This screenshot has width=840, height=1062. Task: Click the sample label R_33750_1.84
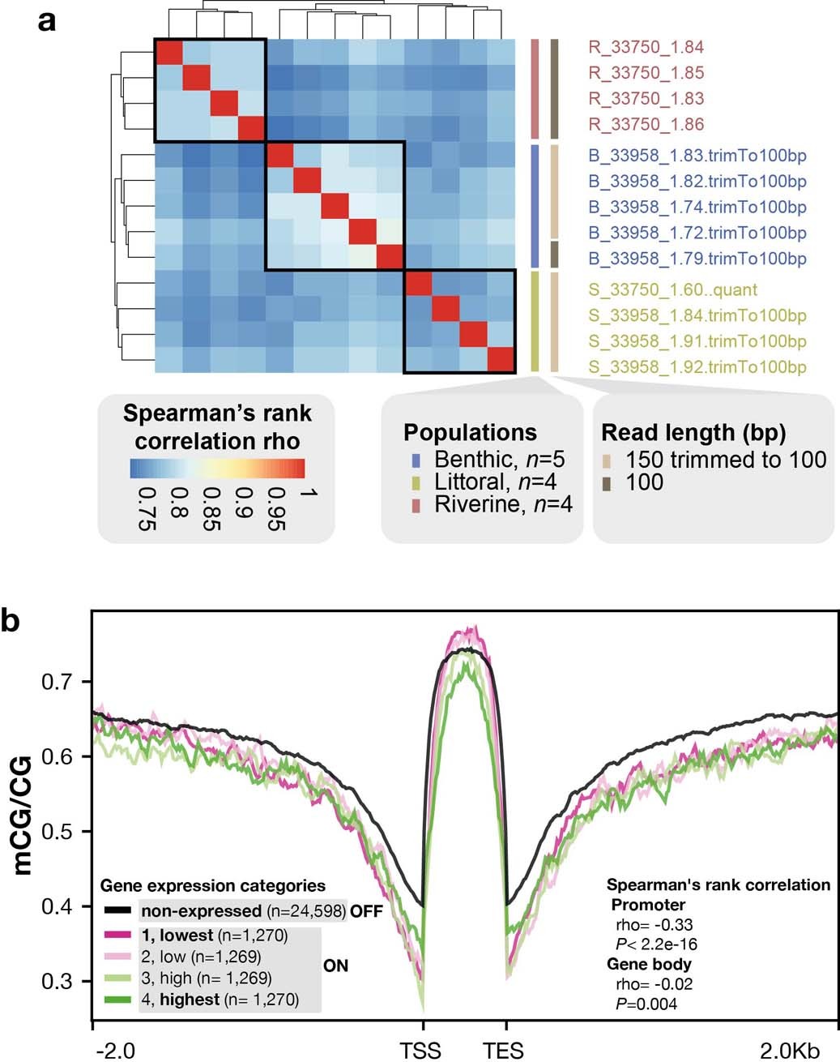645,46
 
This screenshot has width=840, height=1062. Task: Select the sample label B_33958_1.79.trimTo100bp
697,259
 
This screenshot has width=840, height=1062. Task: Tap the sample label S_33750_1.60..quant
672,289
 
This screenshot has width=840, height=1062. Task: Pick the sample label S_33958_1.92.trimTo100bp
697,367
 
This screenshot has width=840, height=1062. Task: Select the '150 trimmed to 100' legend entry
725,460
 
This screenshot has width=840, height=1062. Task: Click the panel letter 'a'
47,19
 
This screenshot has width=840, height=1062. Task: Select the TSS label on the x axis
421,1050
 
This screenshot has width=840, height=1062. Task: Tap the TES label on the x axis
504,1050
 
